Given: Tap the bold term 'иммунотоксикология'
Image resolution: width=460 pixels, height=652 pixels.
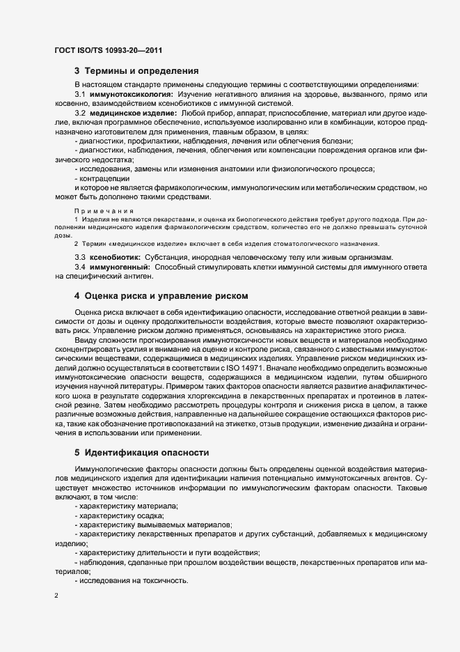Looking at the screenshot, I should point(130,93).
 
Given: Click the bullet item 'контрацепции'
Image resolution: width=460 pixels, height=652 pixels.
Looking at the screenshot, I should point(105,178).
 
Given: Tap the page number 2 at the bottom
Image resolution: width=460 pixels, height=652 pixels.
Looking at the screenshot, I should point(56,597).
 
